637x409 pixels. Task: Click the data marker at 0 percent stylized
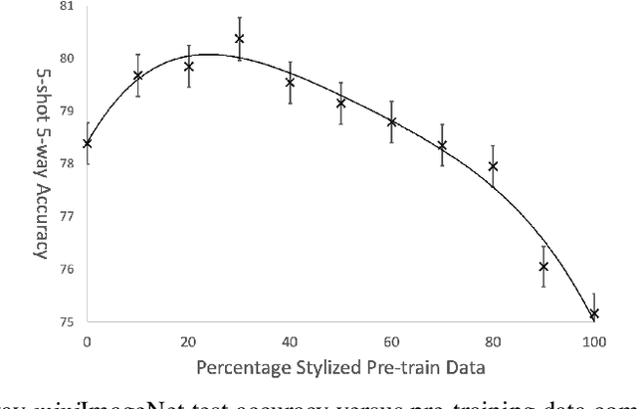pyautogui.click(x=88, y=143)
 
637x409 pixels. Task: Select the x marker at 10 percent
pyautogui.click(x=138, y=76)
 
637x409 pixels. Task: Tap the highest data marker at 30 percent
pyautogui.click(x=239, y=39)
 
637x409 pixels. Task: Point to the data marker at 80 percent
pyautogui.click(x=493, y=166)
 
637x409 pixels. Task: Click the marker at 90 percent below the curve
pyautogui.click(x=543, y=266)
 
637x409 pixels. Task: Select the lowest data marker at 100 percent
pyautogui.click(x=594, y=313)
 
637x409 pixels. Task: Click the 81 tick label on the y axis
pyautogui.click(x=66, y=6)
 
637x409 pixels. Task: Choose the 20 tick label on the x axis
pyautogui.click(x=188, y=341)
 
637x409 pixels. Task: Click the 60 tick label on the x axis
pyautogui.click(x=391, y=341)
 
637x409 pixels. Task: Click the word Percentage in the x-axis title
pyautogui.click(x=243, y=369)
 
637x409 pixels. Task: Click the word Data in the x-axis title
pyautogui.click(x=465, y=369)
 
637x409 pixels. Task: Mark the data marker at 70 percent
pyautogui.click(x=442, y=145)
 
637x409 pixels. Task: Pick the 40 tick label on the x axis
pyautogui.click(x=290, y=341)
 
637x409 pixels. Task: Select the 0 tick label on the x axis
pyautogui.click(x=88, y=341)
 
